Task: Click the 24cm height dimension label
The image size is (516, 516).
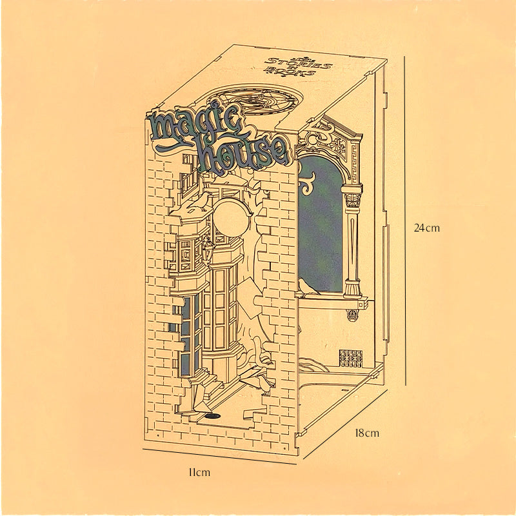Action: pyautogui.click(x=426, y=228)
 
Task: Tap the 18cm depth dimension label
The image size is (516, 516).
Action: pyautogui.click(x=367, y=433)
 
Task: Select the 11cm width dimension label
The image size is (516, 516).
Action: pyautogui.click(x=199, y=473)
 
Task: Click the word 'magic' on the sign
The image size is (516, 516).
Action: pyautogui.click(x=197, y=126)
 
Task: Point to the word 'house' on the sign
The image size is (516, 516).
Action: pyautogui.click(x=244, y=152)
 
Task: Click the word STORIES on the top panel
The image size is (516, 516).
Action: pyautogui.click(x=298, y=63)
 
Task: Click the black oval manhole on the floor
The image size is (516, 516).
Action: pyautogui.click(x=213, y=416)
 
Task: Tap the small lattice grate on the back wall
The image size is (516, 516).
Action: pyautogui.click(x=351, y=359)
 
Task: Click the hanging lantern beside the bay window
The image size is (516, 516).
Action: pyautogui.click(x=208, y=250)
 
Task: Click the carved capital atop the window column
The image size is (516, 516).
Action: pyautogui.click(x=352, y=200)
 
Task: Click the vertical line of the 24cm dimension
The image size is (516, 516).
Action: pyautogui.click(x=405, y=220)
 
